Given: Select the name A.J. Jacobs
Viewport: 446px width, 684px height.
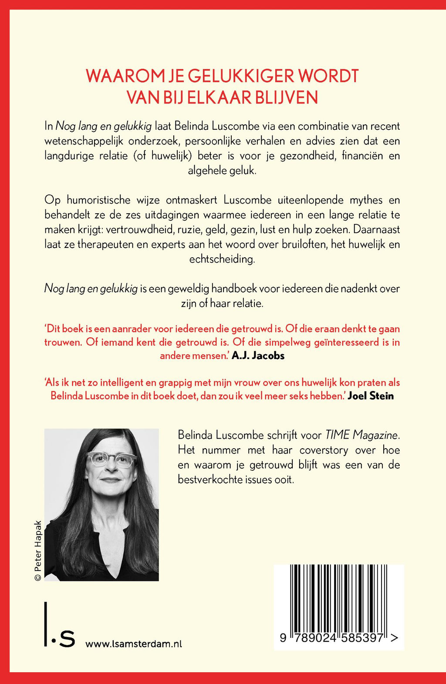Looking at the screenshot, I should (x=258, y=355).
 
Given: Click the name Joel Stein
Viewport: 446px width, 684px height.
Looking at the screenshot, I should (x=371, y=396).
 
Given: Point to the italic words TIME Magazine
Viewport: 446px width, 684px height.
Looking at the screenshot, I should (x=362, y=435).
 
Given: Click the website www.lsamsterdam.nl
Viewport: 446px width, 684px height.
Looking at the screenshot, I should (x=134, y=644).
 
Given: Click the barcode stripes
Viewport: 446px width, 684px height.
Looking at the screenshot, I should (x=338, y=597).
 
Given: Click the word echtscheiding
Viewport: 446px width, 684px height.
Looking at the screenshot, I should (x=222, y=259).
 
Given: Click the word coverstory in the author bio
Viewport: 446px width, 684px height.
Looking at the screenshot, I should (x=324, y=450).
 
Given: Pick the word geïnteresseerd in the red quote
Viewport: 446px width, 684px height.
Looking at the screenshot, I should (x=335, y=342).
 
